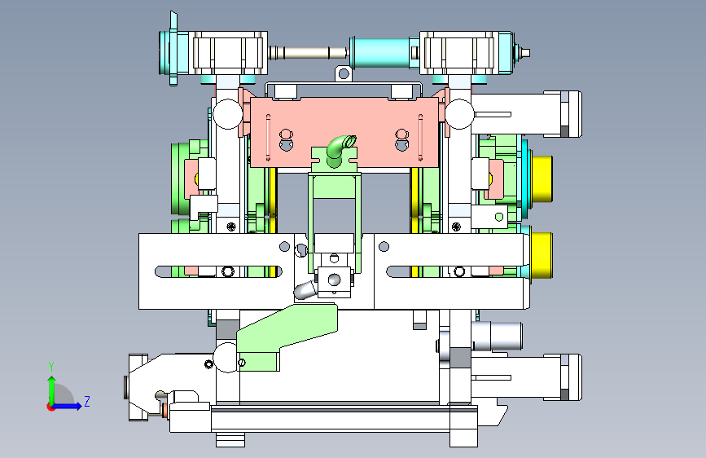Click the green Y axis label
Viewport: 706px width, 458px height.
tap(51, 366)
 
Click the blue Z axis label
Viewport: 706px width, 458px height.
tap(87, 401)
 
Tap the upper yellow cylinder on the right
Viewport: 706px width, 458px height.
tap(542, 178)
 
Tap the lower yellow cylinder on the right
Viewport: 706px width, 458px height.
tap(542, 255)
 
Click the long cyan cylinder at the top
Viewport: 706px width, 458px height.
tap(379, 53)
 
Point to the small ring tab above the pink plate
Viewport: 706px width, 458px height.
tap(343, 73)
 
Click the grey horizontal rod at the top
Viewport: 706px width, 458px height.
tap(309, 53)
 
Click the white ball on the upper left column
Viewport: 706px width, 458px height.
tap(227, 114)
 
